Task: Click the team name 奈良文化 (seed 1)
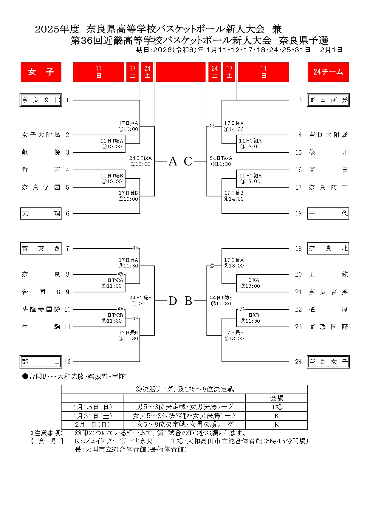(41, 100)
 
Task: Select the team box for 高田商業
(328, 100)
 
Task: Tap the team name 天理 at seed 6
(41, 213)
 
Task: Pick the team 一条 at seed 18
(328, 213)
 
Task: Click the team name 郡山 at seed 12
(41, 362)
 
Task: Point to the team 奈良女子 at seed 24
(328, 362)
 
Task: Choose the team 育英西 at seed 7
(41, 248)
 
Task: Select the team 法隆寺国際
(41, 309)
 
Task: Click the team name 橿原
(328, 309)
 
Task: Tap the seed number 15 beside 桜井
(298, 152)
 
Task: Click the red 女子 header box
(41, 72)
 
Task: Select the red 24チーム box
(328, 72)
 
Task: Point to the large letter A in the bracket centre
(173, 161)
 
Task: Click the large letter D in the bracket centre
(173, 301)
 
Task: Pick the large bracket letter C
(188, 161)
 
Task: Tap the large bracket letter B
(188, 301)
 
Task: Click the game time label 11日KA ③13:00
(250, 283)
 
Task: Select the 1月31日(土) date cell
(92, 416)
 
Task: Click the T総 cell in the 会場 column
(276, 407)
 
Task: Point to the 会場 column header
(276, 398)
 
